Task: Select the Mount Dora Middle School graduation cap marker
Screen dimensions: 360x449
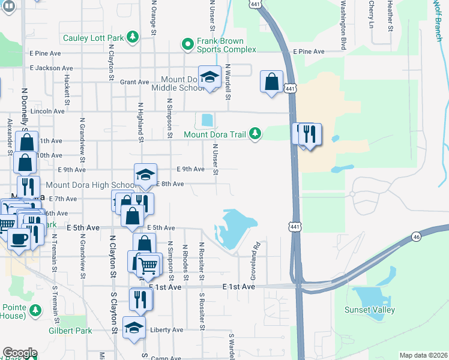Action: pyautogui.click(x=209, y=78)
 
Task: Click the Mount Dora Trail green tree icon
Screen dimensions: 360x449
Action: pyautogui.click(x=256, y=133)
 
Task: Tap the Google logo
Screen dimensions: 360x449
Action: pyautogui.click(x=19, y=353)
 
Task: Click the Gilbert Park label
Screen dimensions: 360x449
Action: pyautogui.click(x=70, y=331)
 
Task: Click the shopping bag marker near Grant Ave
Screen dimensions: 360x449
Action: pyautogui.click(x=271, y=81)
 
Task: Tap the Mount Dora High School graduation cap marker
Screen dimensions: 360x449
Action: pyautogui.click(x=145, y=175)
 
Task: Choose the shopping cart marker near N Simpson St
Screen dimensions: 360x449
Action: pyautogui.click(x=149, y=265)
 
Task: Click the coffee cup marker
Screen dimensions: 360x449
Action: pyautogui.click(x=19, y=239)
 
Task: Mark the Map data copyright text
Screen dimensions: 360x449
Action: pyautogui.click(x=422, y=355)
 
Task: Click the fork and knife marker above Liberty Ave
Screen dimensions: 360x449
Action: pyautogui.click(x=140, y=298)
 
